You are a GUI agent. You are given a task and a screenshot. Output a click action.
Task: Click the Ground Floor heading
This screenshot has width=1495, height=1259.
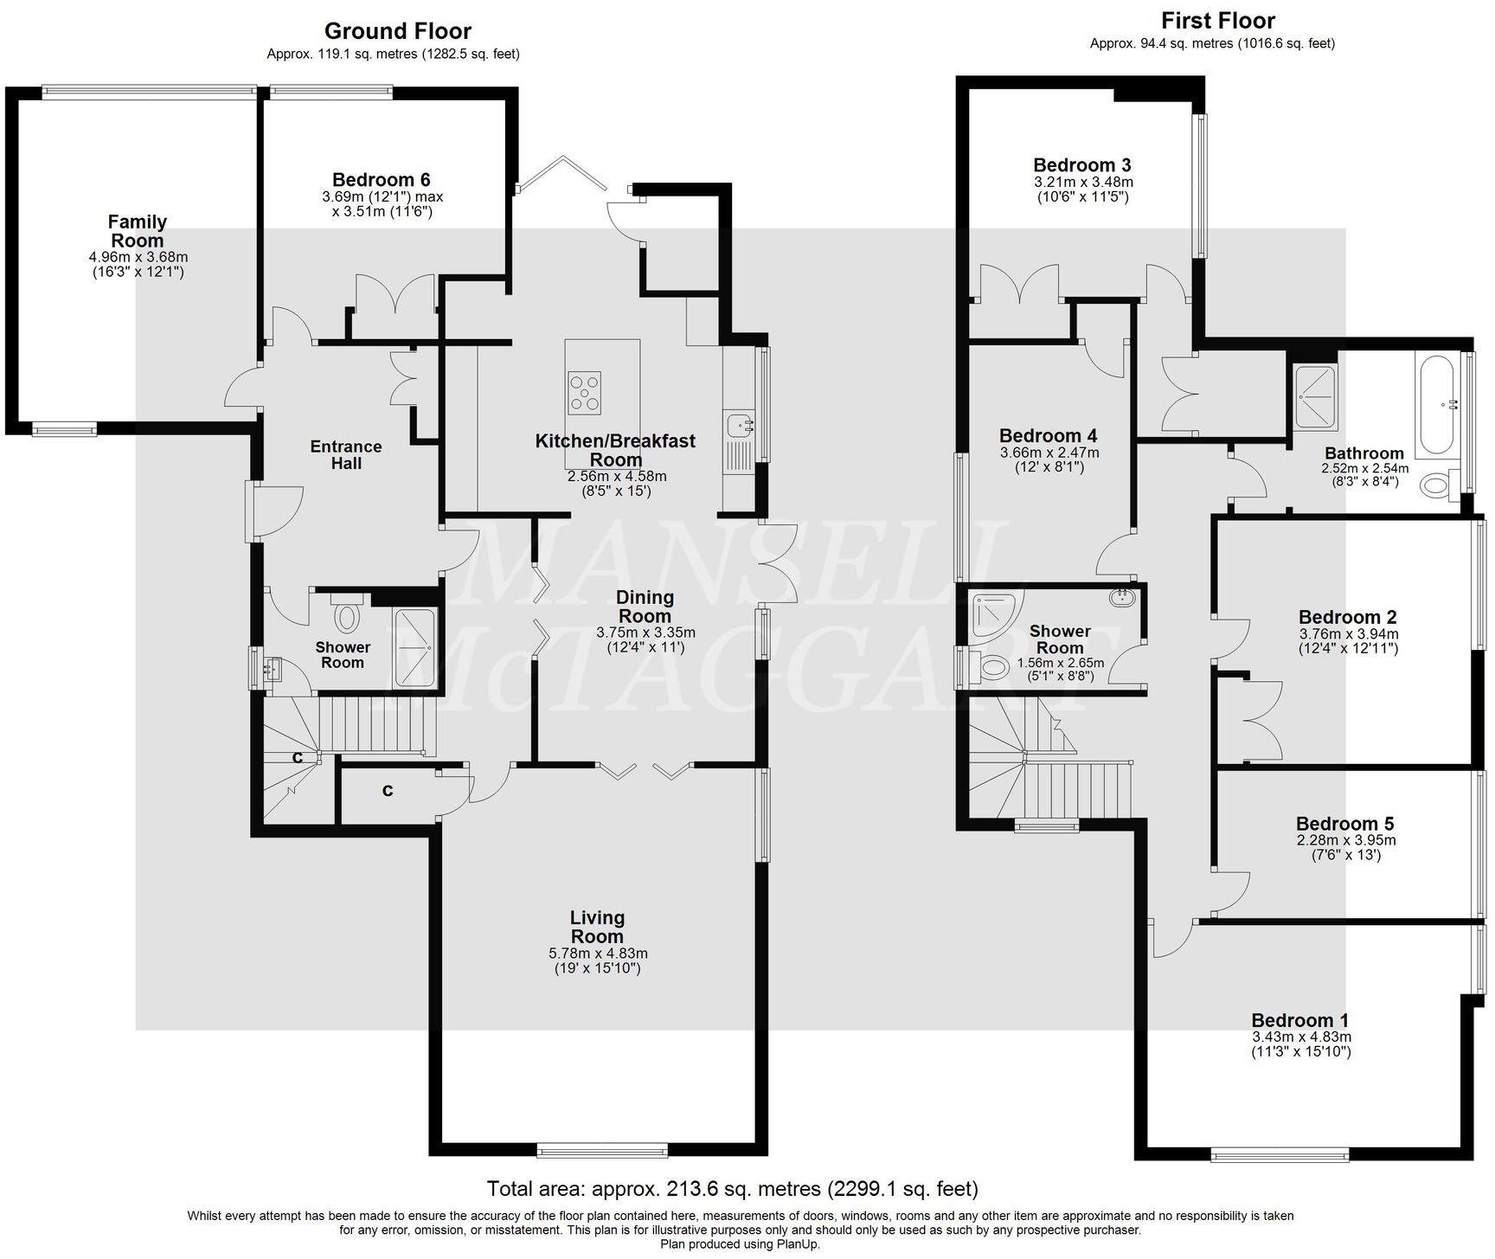[x=397, y=31]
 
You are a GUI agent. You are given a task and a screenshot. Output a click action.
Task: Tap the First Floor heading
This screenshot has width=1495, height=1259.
[x=1217, y=21]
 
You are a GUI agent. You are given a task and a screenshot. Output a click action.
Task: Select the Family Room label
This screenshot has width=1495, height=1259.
[x=138, y=231]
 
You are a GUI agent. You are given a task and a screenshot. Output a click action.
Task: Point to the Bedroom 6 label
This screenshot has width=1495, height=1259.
[x=381, y=180]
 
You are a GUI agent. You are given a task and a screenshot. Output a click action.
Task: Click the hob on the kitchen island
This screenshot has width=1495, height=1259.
[x=585, y=390]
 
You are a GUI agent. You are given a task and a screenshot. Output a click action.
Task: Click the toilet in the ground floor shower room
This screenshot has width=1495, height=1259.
[x=348, y=616]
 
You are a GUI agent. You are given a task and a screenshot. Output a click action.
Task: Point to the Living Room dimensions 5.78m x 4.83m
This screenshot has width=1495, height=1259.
[x=598, y=954]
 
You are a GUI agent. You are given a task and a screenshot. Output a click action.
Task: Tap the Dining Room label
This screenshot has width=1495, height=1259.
[x=645, y=607]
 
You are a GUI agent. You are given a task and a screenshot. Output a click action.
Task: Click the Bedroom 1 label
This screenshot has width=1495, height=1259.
[x=1299, y=1020]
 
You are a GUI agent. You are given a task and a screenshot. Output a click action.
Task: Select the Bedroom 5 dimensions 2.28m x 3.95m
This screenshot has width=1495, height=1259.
[x=1345, y=840]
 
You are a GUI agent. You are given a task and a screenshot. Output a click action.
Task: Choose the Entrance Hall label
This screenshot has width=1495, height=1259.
[x=346, y=454]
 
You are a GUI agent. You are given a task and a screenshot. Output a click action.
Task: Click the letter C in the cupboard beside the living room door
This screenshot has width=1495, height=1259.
[x=388, y=790]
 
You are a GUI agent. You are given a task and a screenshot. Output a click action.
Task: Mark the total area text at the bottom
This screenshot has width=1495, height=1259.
[x=732, y=1188]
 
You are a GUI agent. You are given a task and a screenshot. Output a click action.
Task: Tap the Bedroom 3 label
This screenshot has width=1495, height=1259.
[x=1081, y=165]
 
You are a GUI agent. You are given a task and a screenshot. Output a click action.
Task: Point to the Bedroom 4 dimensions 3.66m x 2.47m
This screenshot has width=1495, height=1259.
[x=1049, y=453]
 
